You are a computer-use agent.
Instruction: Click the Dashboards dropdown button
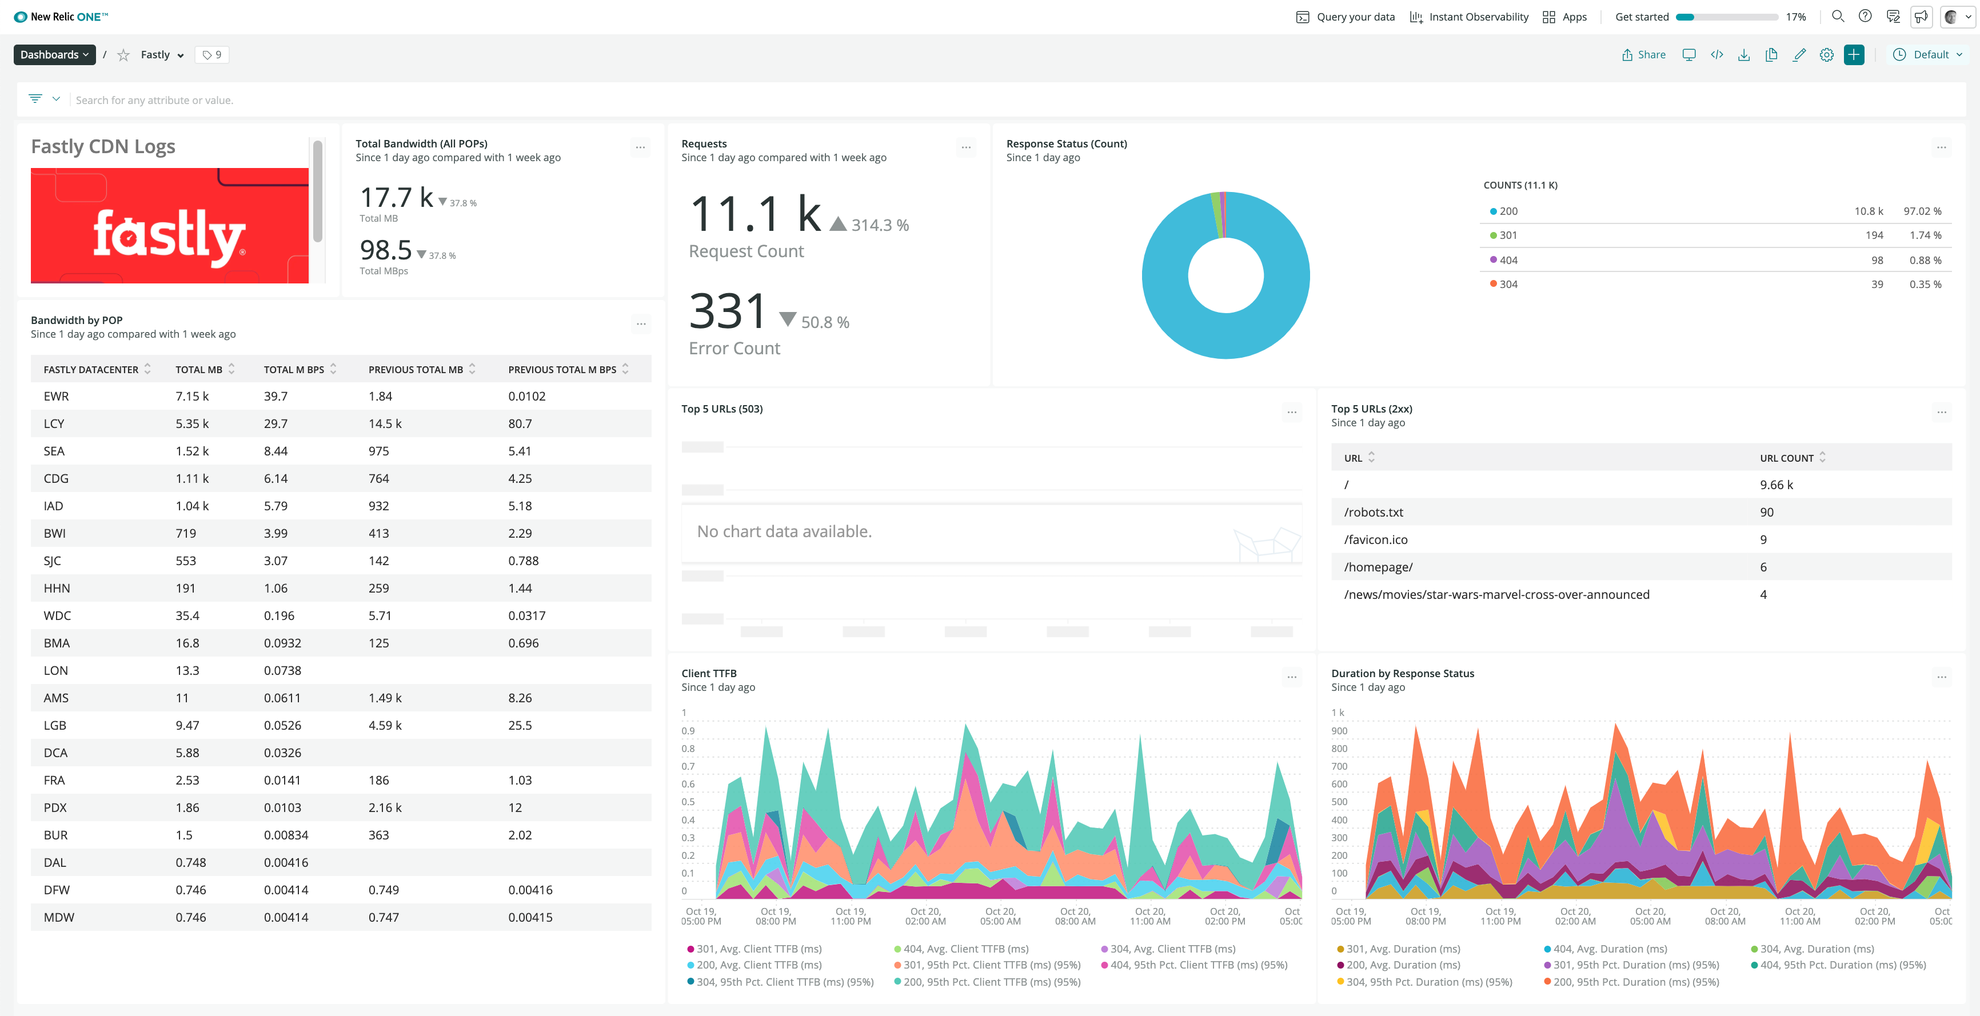point(54,54)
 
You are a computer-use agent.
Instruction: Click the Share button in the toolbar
point(1643,54)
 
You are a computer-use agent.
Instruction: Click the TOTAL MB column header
point(199,370)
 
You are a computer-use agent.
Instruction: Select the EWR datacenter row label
point(56,397)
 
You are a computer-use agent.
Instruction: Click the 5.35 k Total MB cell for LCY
point(192,423)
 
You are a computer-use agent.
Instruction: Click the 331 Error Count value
point(727,311)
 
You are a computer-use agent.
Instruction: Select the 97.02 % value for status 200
point(1922,211)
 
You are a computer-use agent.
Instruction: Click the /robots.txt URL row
point(1374,513)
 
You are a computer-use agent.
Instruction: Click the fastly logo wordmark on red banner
point(169,234)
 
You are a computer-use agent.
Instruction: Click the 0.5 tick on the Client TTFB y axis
point(688,802)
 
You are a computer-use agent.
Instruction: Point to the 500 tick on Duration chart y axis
point(1339,802)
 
